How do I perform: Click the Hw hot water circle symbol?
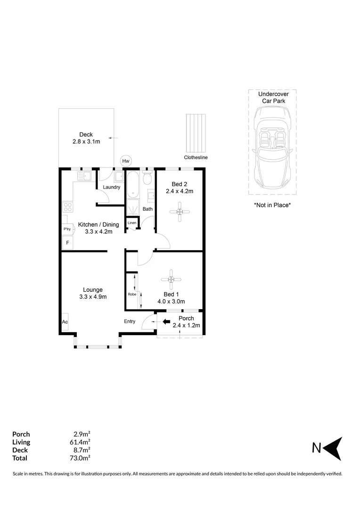pyautogui.click(x=126, y=161)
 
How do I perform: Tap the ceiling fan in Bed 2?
pyautogui.click(x=180, y=212)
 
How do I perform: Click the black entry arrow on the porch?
pyautogui.click(x=166, y=322)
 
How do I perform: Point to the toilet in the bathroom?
pyautogui.click(x=147, y=178)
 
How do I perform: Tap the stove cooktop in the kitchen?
pyautogui.click(x=67, y=207)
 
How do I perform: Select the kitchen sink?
pyautogui.click(x=84, y=176)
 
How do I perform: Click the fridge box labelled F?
pyautogui.click(x=67, y=243)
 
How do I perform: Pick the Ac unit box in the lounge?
pyautogui.click(x=65, y=322)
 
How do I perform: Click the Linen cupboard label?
pyautogui.click(x=132, y=222)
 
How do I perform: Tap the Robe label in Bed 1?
pyautogui.click(x=132, y=295)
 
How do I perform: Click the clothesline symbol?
pyautogui.click(x=196, y=132)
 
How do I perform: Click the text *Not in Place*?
pyautogui.click(x=272, y=205)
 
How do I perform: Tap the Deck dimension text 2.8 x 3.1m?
pyautogui.click(x=86, y=141)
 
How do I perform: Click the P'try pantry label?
pyautogui.click(x=66, y=229)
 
